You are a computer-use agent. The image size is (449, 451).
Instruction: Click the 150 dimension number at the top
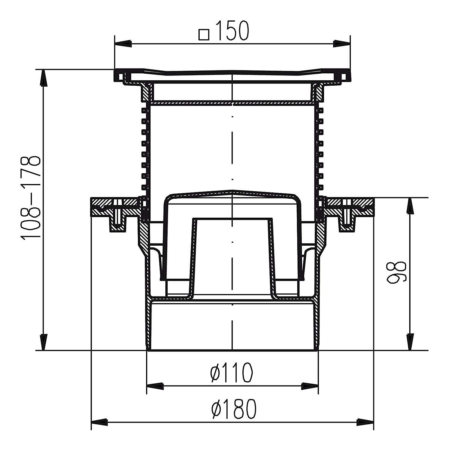[x=232, y=31]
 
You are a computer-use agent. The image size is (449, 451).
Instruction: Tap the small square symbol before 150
[x=204, y=34]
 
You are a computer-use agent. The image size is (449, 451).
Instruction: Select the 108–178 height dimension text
[x=30, y=197]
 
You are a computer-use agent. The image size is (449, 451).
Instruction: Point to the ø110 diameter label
[x=232, y=372]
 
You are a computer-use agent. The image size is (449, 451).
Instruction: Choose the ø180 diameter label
[x=234, y=409]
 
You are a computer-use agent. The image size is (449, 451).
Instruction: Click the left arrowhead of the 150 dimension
[x=123, y=43]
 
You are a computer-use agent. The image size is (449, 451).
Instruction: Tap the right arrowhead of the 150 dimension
[x=341, y=43]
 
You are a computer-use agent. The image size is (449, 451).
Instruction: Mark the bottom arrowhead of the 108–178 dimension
[x=44, y=342]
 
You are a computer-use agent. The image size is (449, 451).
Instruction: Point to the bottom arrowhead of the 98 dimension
[x=410, y=342]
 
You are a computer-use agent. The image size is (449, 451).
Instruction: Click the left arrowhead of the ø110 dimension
[x=155, y=386]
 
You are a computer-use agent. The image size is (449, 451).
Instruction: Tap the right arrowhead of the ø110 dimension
[x=310, y=386]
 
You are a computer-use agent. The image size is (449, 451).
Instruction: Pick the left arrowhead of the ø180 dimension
[x=99, y=422]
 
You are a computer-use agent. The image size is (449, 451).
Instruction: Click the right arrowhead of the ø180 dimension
[x=365, y=422]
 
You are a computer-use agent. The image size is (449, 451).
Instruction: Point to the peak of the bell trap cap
[x=232, y=190]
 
